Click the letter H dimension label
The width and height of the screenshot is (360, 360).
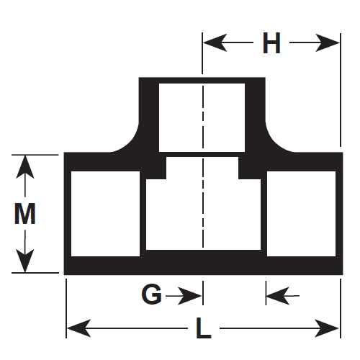(x=271, y=42)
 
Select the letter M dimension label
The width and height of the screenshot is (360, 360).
(x=25, y=214)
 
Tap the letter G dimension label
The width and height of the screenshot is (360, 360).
(x=151, y=294)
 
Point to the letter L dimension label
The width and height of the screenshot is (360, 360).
(x=204, y=328)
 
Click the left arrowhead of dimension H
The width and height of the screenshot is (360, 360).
(x=215, y=42)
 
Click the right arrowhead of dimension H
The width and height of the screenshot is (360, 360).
(x=328, y=42)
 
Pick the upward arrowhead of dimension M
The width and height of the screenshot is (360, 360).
(x=25, y=167)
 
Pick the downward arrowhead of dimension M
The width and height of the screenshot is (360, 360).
(x=25, y=261)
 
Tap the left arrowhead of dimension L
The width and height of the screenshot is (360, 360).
(x=78, y=328)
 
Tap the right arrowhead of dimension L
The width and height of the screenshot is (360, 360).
(x=327, y=328)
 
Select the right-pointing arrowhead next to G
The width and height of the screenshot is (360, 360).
(x=189, y=296)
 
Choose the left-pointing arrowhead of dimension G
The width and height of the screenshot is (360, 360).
(x=278, y=296)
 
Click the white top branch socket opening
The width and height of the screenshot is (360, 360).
(x=202, y=117)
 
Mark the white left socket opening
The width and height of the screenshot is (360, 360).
(x=105, y=214)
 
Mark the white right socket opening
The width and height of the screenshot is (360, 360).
(x=301, y=214)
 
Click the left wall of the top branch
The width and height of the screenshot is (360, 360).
(x=149, y=115)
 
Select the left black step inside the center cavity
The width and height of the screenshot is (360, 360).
(x=156, y=168)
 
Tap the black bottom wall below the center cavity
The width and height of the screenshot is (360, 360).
(x=203, y=262)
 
